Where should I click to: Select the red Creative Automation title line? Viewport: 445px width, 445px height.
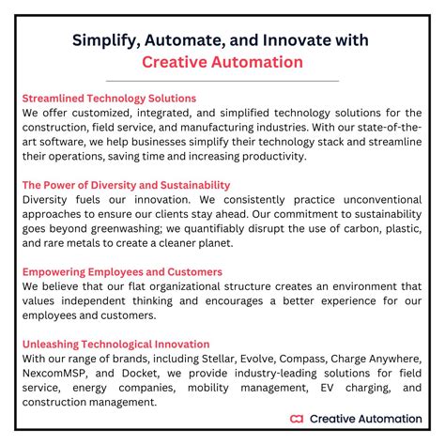(222, 62)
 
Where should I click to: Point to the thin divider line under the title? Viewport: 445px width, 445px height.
(222, 81)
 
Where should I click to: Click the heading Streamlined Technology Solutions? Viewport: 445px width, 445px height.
(109, 98)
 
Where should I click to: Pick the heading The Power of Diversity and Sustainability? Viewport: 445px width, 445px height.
(126, 185)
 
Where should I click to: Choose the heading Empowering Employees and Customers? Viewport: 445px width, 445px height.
(122, 272)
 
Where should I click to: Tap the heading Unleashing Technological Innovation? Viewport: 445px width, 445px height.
(115, 345)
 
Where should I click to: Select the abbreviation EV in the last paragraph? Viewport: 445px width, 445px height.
(333, 389)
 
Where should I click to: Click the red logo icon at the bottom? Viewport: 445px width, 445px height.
(298, 418)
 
